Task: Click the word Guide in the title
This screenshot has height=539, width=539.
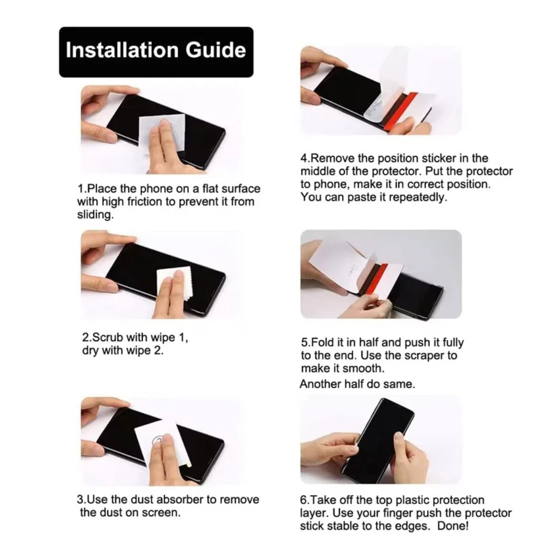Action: [x=216, y=50]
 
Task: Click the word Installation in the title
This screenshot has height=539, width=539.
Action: [x=122, y=50]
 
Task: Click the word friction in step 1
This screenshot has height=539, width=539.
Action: [x=144, y=202]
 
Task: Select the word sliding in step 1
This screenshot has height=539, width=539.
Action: [x=95, y=215]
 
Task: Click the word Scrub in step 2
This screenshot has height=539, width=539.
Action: [x=108, y=337]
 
